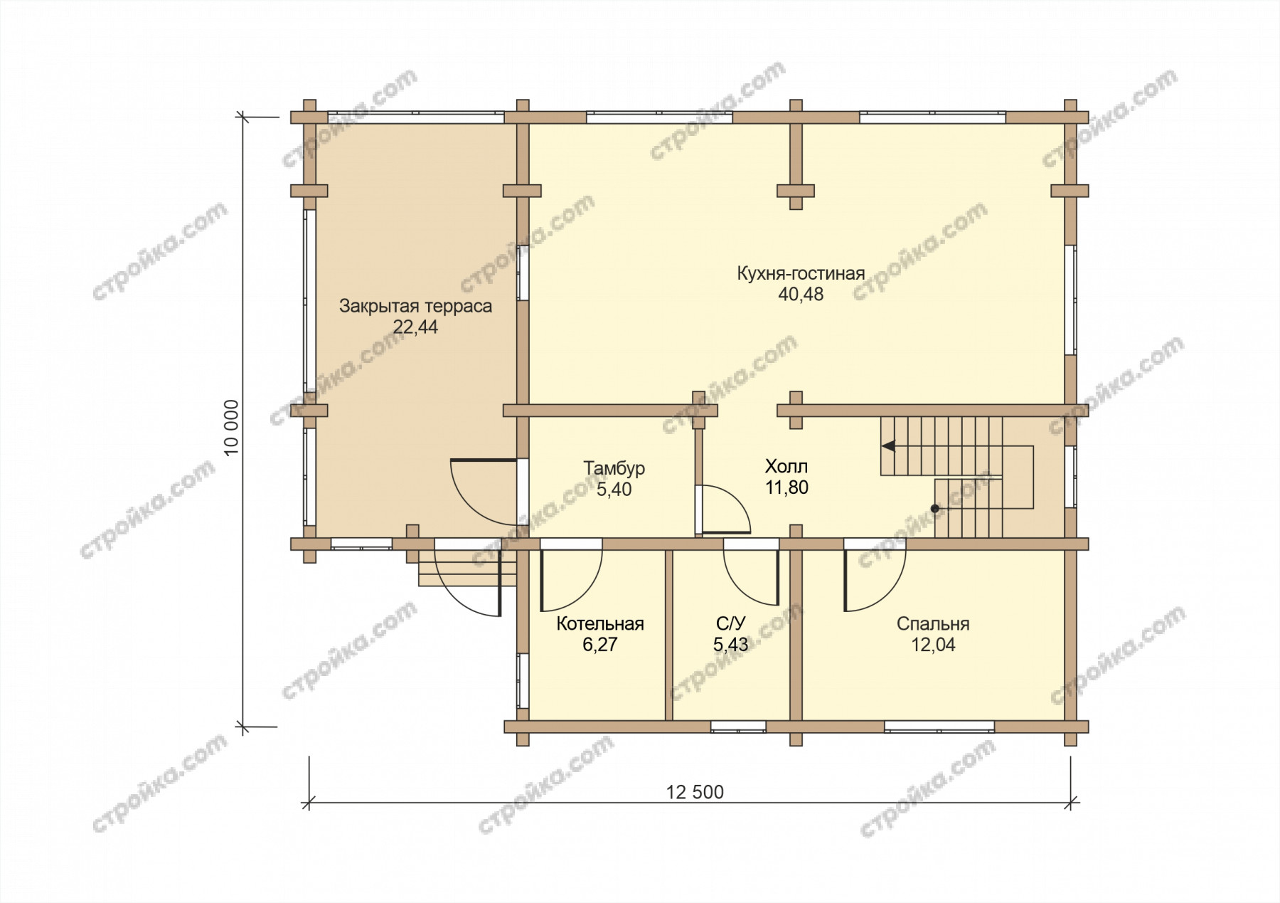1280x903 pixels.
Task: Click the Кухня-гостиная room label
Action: [x=801, y=273]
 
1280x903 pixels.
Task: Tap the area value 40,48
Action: [x=801, y=294]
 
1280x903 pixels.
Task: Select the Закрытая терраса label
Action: [x=415, y=306]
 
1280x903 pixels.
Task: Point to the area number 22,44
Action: [x=415, y=327]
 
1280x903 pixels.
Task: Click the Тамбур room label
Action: [x=614, y=468]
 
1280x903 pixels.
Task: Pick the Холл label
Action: [x=786, y=467]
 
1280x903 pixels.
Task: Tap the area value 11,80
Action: [x=786, y=487]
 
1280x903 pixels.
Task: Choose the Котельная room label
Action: [x=600, y=624]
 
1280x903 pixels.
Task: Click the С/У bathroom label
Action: [x=730, y=624]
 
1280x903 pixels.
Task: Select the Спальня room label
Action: [x=933, y=624]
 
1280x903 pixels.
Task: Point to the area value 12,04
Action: [x=933, y=645]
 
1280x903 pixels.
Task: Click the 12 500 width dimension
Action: [x=695, y=791]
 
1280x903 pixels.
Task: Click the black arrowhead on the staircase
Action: [x=888, y=446]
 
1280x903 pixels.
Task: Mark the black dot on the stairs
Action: [x=934, y=508]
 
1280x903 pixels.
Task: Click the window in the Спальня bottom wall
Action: [x=939, y=727]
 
